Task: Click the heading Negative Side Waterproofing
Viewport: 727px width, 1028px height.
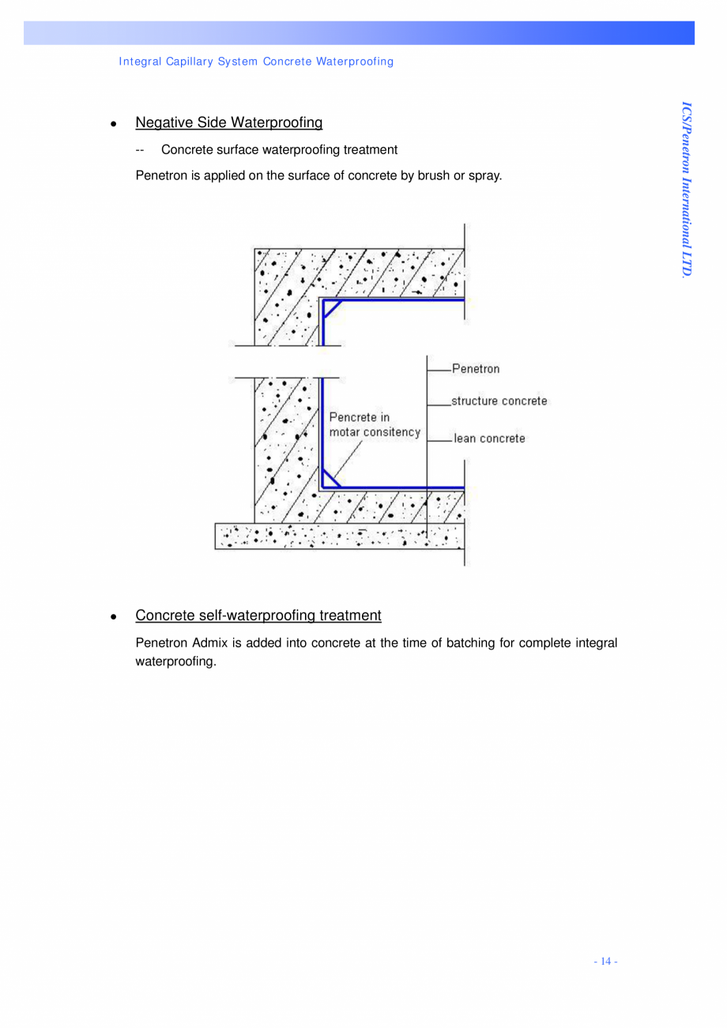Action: click(x=228, y=122)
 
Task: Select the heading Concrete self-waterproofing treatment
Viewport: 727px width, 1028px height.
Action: click(x=258, y=615)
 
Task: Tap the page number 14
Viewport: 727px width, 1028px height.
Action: click(x=605, y=961)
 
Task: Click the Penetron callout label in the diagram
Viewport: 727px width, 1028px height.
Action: click(x=476, y=368)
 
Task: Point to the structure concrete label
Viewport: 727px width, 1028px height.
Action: click(x=499, y=401)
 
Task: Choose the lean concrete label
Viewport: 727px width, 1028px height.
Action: click(x=489, y=438)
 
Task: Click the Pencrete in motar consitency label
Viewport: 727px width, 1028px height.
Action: click(x=374, y=425)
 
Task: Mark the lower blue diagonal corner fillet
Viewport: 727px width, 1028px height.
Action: click(x=332, y=478)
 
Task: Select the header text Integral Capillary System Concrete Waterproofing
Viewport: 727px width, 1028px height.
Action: click(x=256, y=61)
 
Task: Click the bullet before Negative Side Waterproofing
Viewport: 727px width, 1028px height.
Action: click(x=115, y=124)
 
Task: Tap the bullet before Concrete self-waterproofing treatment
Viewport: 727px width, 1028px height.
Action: click(x=115, y=616)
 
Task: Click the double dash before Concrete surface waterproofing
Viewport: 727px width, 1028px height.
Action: click(x=140, y=149)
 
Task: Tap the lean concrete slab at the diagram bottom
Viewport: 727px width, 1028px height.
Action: click(x=339, y=536)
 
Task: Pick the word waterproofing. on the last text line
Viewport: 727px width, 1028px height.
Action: click(x=175, y=661)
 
